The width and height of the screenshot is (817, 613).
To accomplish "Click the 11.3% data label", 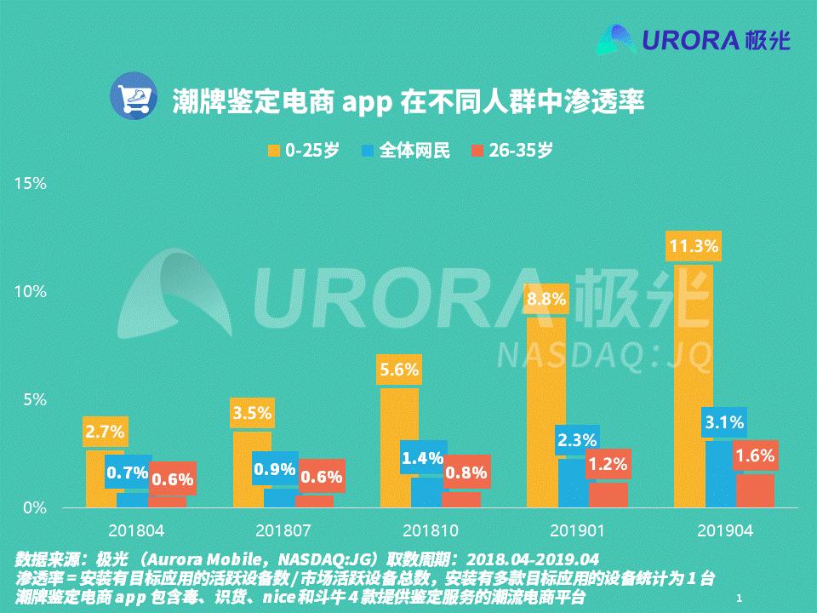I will point(694,247).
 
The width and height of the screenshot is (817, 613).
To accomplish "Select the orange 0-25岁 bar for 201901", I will point(546,409).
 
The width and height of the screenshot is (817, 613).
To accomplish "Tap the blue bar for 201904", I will point(724,477).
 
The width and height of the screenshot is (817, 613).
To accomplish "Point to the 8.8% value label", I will point(546,300).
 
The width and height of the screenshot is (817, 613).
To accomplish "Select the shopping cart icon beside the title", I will point(131,95).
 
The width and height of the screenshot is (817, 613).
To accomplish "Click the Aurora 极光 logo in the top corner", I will point(694,39).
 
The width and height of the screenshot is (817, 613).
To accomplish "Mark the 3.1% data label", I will point(723,422).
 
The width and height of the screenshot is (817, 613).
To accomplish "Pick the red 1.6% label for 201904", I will point(755,456).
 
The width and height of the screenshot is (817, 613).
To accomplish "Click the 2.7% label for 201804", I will point(105,432).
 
